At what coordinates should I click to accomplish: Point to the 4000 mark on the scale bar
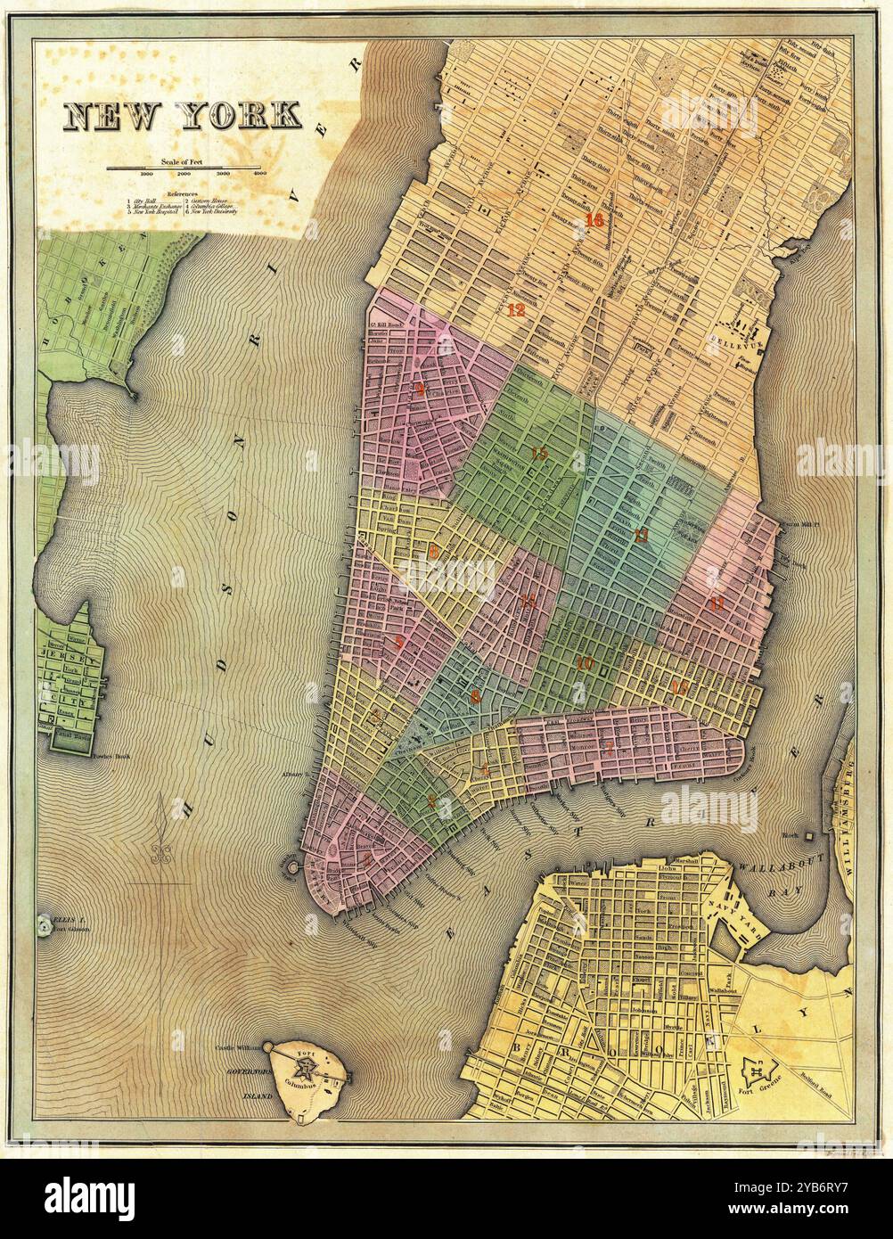click(259, 174)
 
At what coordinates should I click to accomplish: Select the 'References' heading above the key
click(182, 193)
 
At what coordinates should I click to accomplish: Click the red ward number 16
click(594, 220)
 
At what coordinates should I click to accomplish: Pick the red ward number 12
click(515, 311)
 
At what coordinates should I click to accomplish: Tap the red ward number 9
click(419, 390)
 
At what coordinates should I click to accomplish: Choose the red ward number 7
click(609, 747)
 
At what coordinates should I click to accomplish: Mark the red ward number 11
click(716, 603)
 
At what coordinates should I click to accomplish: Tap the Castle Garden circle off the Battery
click(291, 864)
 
